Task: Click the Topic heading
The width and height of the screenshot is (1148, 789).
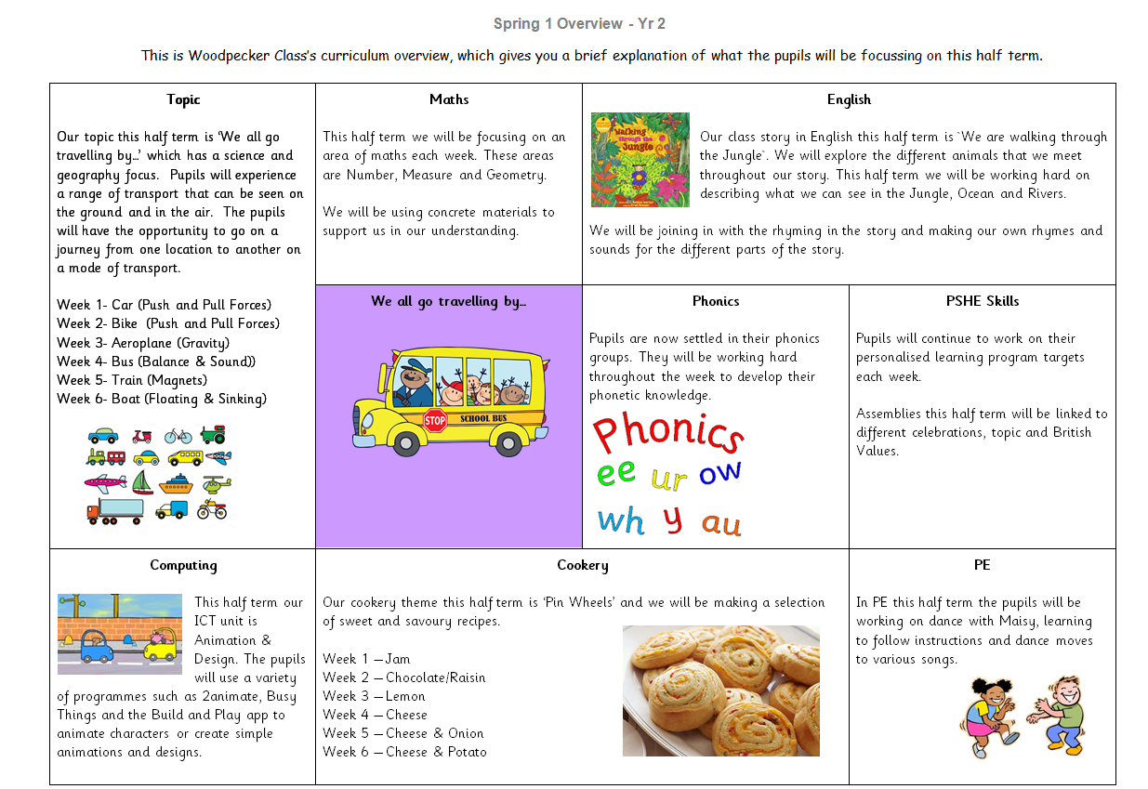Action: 183,99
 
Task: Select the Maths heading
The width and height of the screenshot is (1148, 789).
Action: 449,99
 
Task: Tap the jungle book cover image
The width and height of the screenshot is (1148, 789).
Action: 640,160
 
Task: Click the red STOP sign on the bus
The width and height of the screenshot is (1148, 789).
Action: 435,420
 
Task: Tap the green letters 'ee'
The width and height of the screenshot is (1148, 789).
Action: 615,473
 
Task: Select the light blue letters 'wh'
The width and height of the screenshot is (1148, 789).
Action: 621,520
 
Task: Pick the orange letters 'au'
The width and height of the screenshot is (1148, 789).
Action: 721,523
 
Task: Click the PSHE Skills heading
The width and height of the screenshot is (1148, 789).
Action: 982,301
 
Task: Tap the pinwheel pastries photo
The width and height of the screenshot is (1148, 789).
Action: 720,690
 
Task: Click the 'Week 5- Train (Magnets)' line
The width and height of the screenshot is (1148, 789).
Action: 132,380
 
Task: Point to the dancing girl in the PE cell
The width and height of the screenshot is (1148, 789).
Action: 989,715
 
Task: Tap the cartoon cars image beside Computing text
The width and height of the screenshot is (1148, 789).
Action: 119,634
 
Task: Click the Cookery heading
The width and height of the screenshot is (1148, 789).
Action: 582,565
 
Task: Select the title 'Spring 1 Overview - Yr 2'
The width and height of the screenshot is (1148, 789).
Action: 578,23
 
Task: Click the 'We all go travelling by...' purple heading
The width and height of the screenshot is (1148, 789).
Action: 448,301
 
